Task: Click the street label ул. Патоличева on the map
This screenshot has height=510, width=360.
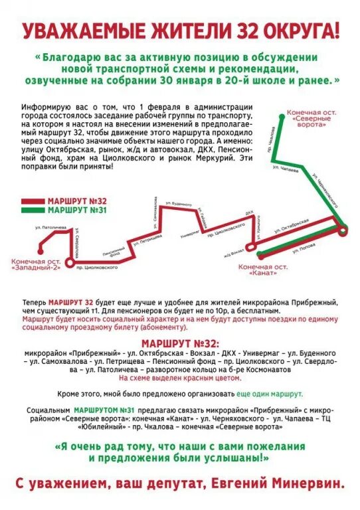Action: coord(51,228)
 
